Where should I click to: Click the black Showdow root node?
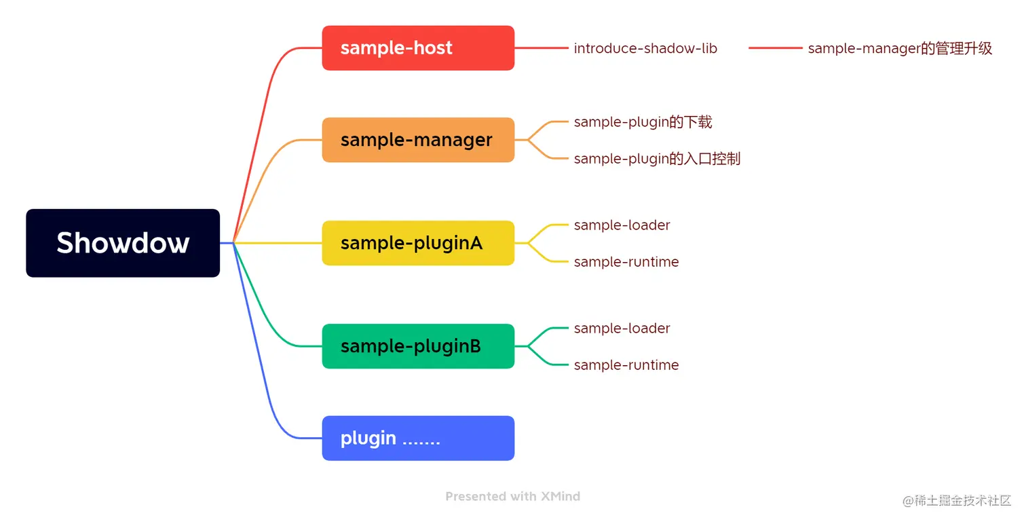click(123, 243)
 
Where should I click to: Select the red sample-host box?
click(418, 48)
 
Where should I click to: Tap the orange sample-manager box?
click(418, 140)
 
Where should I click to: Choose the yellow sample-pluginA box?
click(418, 243)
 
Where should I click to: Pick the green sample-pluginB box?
click(418, 346)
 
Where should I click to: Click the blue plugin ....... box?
click(418, 438)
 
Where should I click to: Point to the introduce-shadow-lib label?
click(645, 48)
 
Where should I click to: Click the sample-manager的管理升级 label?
click(900, 48)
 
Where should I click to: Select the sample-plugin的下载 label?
click(643, 122)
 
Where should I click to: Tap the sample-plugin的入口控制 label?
click(657, 159)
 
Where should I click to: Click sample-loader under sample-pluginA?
click(622, 225)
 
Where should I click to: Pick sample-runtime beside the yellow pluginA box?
click(626, 262)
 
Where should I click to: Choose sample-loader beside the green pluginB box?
click(622, 328)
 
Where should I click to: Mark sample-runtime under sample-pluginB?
click(626, 365)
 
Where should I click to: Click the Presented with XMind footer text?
click(512, 496)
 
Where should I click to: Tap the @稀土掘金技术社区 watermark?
click(956, 500)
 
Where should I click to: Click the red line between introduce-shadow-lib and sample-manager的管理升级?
click(776, 48)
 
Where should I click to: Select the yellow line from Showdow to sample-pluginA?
click(278, 243)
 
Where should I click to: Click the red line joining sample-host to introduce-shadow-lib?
click(541, 48)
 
